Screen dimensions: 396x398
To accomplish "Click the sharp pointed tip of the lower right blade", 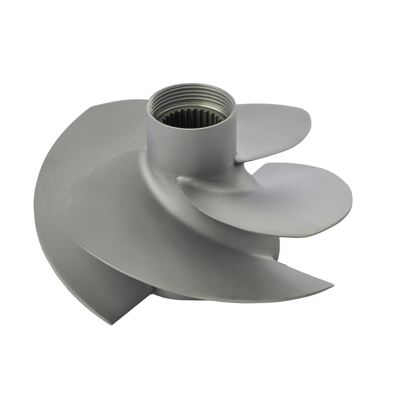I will (x=332, y=284).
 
